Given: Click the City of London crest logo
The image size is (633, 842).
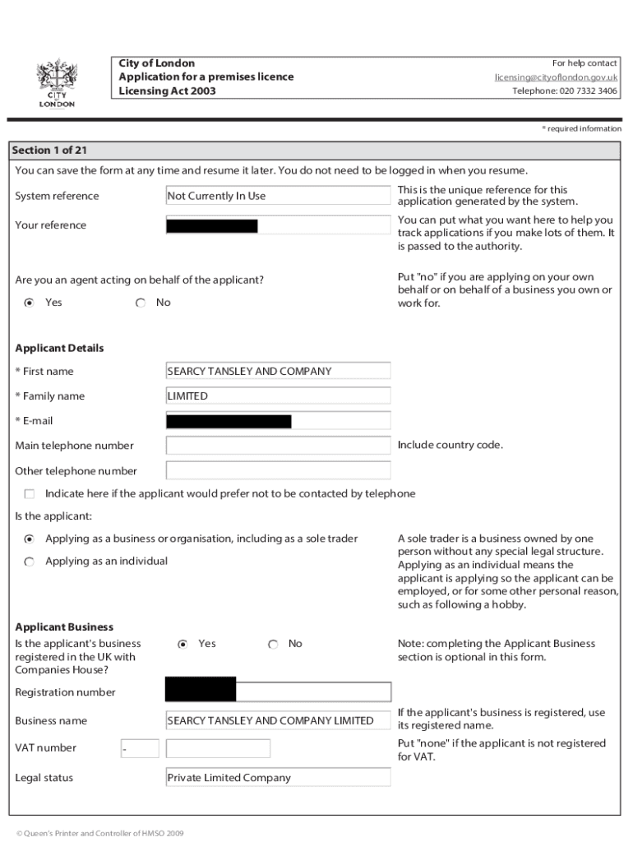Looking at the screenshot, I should [x=57, y=82].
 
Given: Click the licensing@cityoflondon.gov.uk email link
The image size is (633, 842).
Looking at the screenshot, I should [x=556, y=77].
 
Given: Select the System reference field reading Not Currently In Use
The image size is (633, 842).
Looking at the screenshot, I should [x=278, y=196].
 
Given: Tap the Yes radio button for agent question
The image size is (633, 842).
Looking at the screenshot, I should [x=30, y=303].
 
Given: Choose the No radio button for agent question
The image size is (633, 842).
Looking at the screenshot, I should [x=141, y=303].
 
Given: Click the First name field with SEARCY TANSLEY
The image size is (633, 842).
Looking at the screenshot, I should [x=278, y=372].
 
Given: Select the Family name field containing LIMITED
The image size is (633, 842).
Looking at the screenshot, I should [x=278, y=396].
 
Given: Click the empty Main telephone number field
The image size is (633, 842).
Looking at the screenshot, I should [x=278, y=446].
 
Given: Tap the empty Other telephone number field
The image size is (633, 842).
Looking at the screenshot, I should [x=278, y=471].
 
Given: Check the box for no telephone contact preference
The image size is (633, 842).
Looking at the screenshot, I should [x=30, y=494].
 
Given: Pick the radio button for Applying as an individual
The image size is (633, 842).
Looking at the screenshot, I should [x=30, y=562].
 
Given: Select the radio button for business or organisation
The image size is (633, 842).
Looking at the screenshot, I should [x=30, y=539].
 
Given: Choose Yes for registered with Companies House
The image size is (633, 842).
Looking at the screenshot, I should [x=183, y=644].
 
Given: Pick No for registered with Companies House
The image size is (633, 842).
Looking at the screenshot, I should [x=273, y=644].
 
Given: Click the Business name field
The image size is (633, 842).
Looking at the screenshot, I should [x=278, y=721].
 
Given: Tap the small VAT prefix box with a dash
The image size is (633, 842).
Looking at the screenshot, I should [x=139, y=748].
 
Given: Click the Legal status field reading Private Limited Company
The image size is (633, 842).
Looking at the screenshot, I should [x=278, y=778].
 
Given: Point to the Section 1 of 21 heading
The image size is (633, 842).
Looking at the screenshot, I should [x=49, y=150].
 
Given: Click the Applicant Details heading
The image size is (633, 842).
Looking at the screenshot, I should [x=59, y=348].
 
